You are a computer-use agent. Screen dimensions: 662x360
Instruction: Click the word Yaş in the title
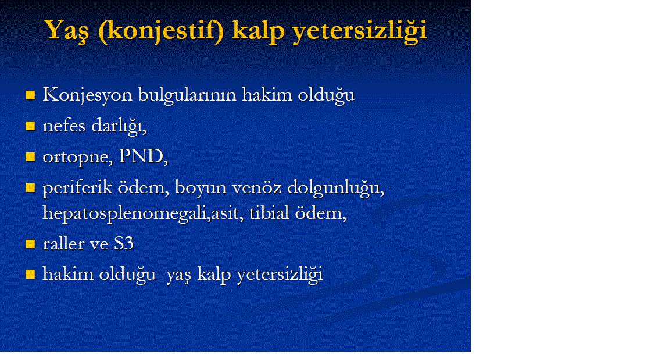click(x=67, y=31)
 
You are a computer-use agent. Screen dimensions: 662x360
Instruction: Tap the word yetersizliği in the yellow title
click(x=360, y=31)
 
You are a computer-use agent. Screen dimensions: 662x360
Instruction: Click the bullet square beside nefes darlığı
click(x=30, y=126)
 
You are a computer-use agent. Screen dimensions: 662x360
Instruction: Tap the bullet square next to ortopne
click(x=30, y=157)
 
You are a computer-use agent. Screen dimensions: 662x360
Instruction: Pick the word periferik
click(x=77, y=187)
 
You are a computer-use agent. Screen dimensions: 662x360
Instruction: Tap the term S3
click(x=124, y=243)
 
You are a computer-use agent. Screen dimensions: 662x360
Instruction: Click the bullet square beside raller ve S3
click(x=30, y=244)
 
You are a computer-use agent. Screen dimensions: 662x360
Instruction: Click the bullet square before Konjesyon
click(x=30, y=95)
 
